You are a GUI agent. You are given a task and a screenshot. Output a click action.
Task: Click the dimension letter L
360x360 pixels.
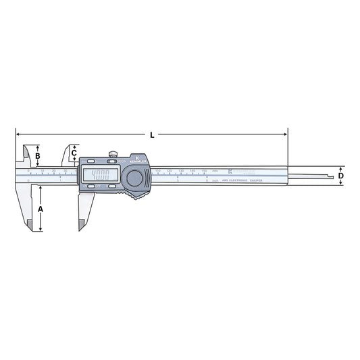coord(152,135)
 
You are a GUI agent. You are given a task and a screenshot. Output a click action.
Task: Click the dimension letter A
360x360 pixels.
coord(41,210)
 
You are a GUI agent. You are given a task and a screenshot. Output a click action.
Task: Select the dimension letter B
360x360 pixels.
coord(38,156)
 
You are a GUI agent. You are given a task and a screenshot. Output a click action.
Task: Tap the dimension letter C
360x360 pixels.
coord(74,153)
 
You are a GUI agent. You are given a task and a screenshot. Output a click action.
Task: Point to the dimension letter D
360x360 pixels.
coord(341,176)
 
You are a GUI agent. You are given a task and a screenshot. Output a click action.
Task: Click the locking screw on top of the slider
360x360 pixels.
coord(116,153)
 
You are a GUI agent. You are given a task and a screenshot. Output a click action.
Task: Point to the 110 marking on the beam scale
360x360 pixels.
coord(157,172)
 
